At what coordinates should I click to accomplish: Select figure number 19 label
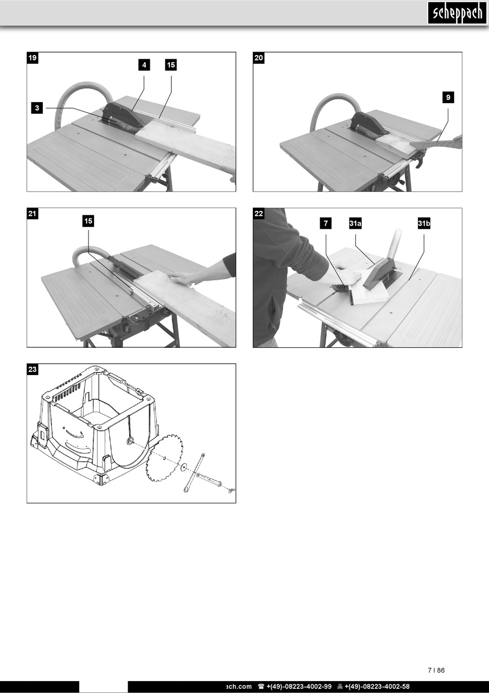(x=32, y=58)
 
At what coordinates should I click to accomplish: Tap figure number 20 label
(x=258, y=58)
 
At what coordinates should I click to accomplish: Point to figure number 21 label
(x=32, y=214)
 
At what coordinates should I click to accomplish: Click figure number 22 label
(x=258, y=214)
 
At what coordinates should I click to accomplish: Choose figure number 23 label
(x=32, y=369)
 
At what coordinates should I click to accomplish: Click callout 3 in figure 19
(x=37, y=108)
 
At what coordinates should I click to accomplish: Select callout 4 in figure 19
(x=144, y=65)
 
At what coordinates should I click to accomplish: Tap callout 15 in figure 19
(x=171, y=65)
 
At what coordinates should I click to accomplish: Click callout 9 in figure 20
(x=448, y=97)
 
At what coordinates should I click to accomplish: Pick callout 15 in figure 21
(x=89, y=221)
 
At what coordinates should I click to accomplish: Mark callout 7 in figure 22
(x=325, y=223)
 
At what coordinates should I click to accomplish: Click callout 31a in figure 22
(x=355, y=223)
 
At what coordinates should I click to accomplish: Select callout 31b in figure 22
(x=424, y=223)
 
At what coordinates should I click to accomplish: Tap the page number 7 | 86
(x=435, y=670)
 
